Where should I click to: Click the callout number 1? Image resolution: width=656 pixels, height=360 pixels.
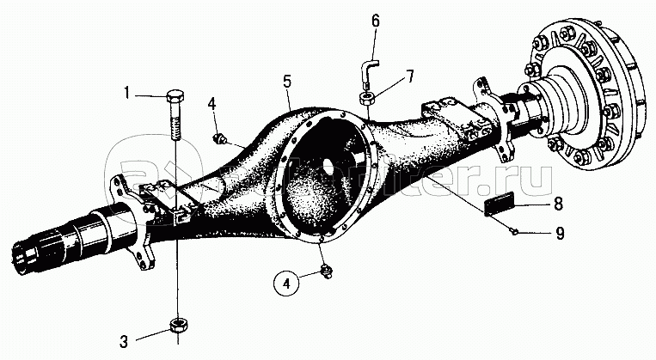pyautogui.click(x=126, y=94)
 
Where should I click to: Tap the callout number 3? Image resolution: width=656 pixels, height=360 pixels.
pyautogui.click(x=124, y=341)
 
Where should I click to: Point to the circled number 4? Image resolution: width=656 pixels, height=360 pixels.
pyautogui.click(x=288, y=280)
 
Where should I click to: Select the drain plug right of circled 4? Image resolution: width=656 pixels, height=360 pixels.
pyautogui.click(x=327, y=272)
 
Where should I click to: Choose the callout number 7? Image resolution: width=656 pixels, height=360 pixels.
pyautogui.click(x=410, y=76)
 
